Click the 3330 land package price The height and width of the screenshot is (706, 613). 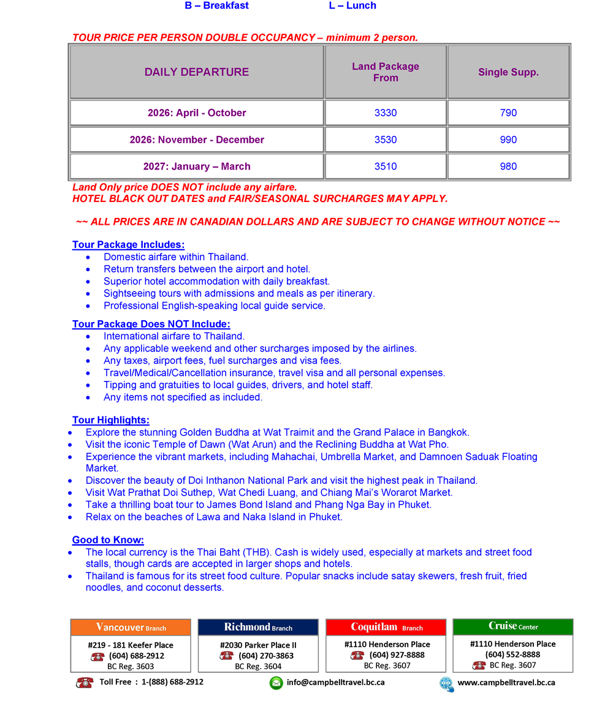click(386, 113)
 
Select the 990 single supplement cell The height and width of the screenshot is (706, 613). click(508, 140)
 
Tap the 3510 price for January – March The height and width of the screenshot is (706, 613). click(386, 167)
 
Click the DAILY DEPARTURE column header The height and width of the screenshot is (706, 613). click(197, 72)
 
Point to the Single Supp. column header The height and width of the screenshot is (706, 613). click(508, 72)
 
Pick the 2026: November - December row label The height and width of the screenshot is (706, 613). click(197, 140)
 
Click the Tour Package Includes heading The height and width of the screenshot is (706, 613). click(128, 245)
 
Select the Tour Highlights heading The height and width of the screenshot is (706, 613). click(110, 420)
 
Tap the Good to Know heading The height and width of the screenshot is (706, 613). click(108, 540)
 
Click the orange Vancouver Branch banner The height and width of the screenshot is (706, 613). click(131, 627)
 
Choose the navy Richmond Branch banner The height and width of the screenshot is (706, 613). click(258, 627)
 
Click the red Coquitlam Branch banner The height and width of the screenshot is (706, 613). click(386, 627)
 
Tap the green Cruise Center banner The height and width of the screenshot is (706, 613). click(513, 626)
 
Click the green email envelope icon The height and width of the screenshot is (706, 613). click(276, 683)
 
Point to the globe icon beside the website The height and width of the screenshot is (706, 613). click(446, 683)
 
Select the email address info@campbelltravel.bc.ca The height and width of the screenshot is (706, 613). click(336, 682)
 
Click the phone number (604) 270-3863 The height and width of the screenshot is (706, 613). click(266, 656)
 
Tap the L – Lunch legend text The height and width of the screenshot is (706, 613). click(352, 6)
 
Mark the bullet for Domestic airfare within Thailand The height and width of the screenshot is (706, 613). click(90, 257)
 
